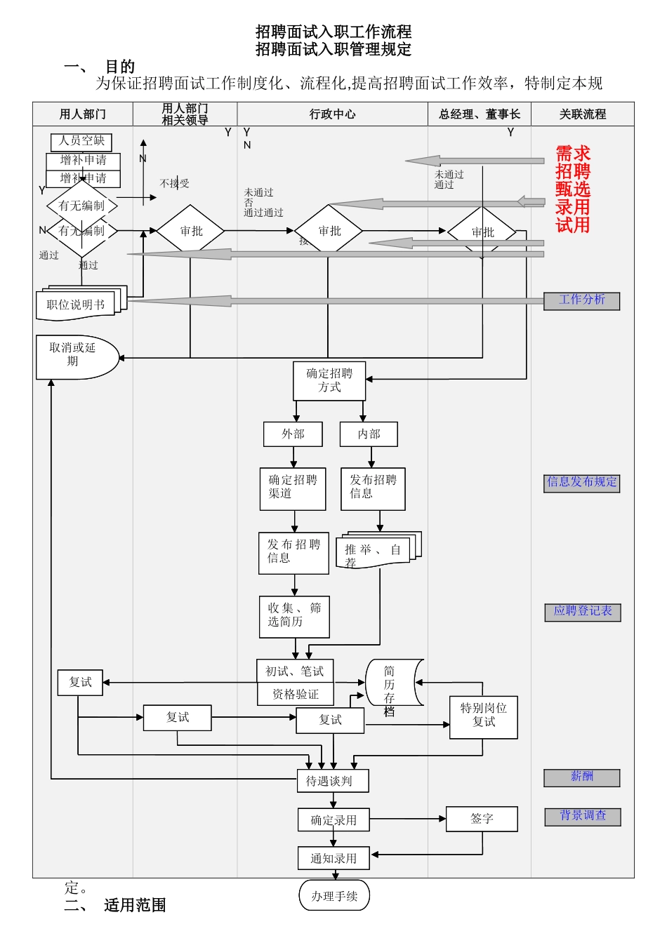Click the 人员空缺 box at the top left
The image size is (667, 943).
click(x=81, y=142)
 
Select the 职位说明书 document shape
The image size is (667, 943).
click(x=76, y=305)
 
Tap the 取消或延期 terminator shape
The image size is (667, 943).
click(x=74, y=356)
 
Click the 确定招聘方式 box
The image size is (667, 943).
click(x=329, y=381)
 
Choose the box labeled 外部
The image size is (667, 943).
click(x=293, y=434)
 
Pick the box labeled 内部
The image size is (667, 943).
click(x=369, y=434)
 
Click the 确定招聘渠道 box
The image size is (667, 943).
click(x=293, y=488)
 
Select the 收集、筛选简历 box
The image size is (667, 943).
click(x=294, y=616)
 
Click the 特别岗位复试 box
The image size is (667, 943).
click(x=484, y=717)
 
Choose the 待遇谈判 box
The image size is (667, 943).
click(x=333, y=781)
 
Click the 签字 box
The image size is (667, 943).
click(x=482, y=819)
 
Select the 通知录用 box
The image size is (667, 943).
click(x=333, y=858)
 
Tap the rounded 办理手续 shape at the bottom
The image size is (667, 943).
click(x=334, y=896)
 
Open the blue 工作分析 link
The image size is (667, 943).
click(x=581, y=301)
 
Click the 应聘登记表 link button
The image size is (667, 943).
click(x=583, y=612)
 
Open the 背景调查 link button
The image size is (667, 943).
click(x=583, y=817)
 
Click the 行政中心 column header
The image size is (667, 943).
click(x=332, y=114)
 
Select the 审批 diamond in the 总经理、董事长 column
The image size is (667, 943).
click(x=482, y=232)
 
